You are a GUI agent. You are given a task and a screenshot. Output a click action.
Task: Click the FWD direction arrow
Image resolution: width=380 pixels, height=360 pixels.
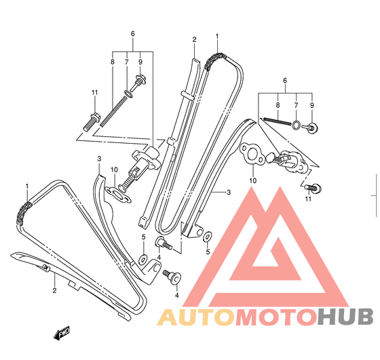tap(62, 333)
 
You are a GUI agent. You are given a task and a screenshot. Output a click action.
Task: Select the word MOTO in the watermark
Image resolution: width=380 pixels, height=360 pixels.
tap(277, 317)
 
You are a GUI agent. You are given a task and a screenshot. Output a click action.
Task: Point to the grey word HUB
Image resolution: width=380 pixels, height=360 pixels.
tap(345, 317)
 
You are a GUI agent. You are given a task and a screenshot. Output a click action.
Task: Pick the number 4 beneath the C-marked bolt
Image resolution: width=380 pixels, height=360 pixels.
tap(177, 295)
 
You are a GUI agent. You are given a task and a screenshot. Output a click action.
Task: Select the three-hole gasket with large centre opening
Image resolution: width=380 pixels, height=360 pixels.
tap(252, 156)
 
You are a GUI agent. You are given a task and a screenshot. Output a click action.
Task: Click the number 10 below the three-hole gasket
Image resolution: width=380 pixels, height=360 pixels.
tap(252, 180)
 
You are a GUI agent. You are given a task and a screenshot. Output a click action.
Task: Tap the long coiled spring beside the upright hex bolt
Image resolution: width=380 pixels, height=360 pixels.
tap(113, 111)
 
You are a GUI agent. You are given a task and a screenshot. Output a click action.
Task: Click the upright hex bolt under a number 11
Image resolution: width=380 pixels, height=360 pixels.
tap(90, 122)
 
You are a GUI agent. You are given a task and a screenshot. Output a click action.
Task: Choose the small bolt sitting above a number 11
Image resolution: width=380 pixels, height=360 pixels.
tap(312, 188)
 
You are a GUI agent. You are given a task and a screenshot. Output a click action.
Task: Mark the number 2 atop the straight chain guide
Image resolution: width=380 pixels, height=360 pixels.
tap(194, 39)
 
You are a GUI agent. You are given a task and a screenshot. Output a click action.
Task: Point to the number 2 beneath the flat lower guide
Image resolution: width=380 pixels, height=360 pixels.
tap(54, 290)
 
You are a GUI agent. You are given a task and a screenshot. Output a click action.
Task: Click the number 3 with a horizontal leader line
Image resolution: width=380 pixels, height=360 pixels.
tap(229, 193)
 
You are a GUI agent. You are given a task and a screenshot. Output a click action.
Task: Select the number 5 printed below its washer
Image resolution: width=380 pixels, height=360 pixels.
tap(208, 252)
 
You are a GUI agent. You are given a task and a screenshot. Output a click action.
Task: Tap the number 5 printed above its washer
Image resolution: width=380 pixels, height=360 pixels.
tap(143, 237)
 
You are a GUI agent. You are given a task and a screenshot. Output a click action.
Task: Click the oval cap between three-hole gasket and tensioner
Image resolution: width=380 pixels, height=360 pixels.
tap(271, 157)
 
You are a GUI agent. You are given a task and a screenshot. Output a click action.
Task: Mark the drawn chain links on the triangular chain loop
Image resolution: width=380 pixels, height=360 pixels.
tap(24, 212)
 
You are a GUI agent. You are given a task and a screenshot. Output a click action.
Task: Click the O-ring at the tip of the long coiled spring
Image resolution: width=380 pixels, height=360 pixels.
tap(129, 94)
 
